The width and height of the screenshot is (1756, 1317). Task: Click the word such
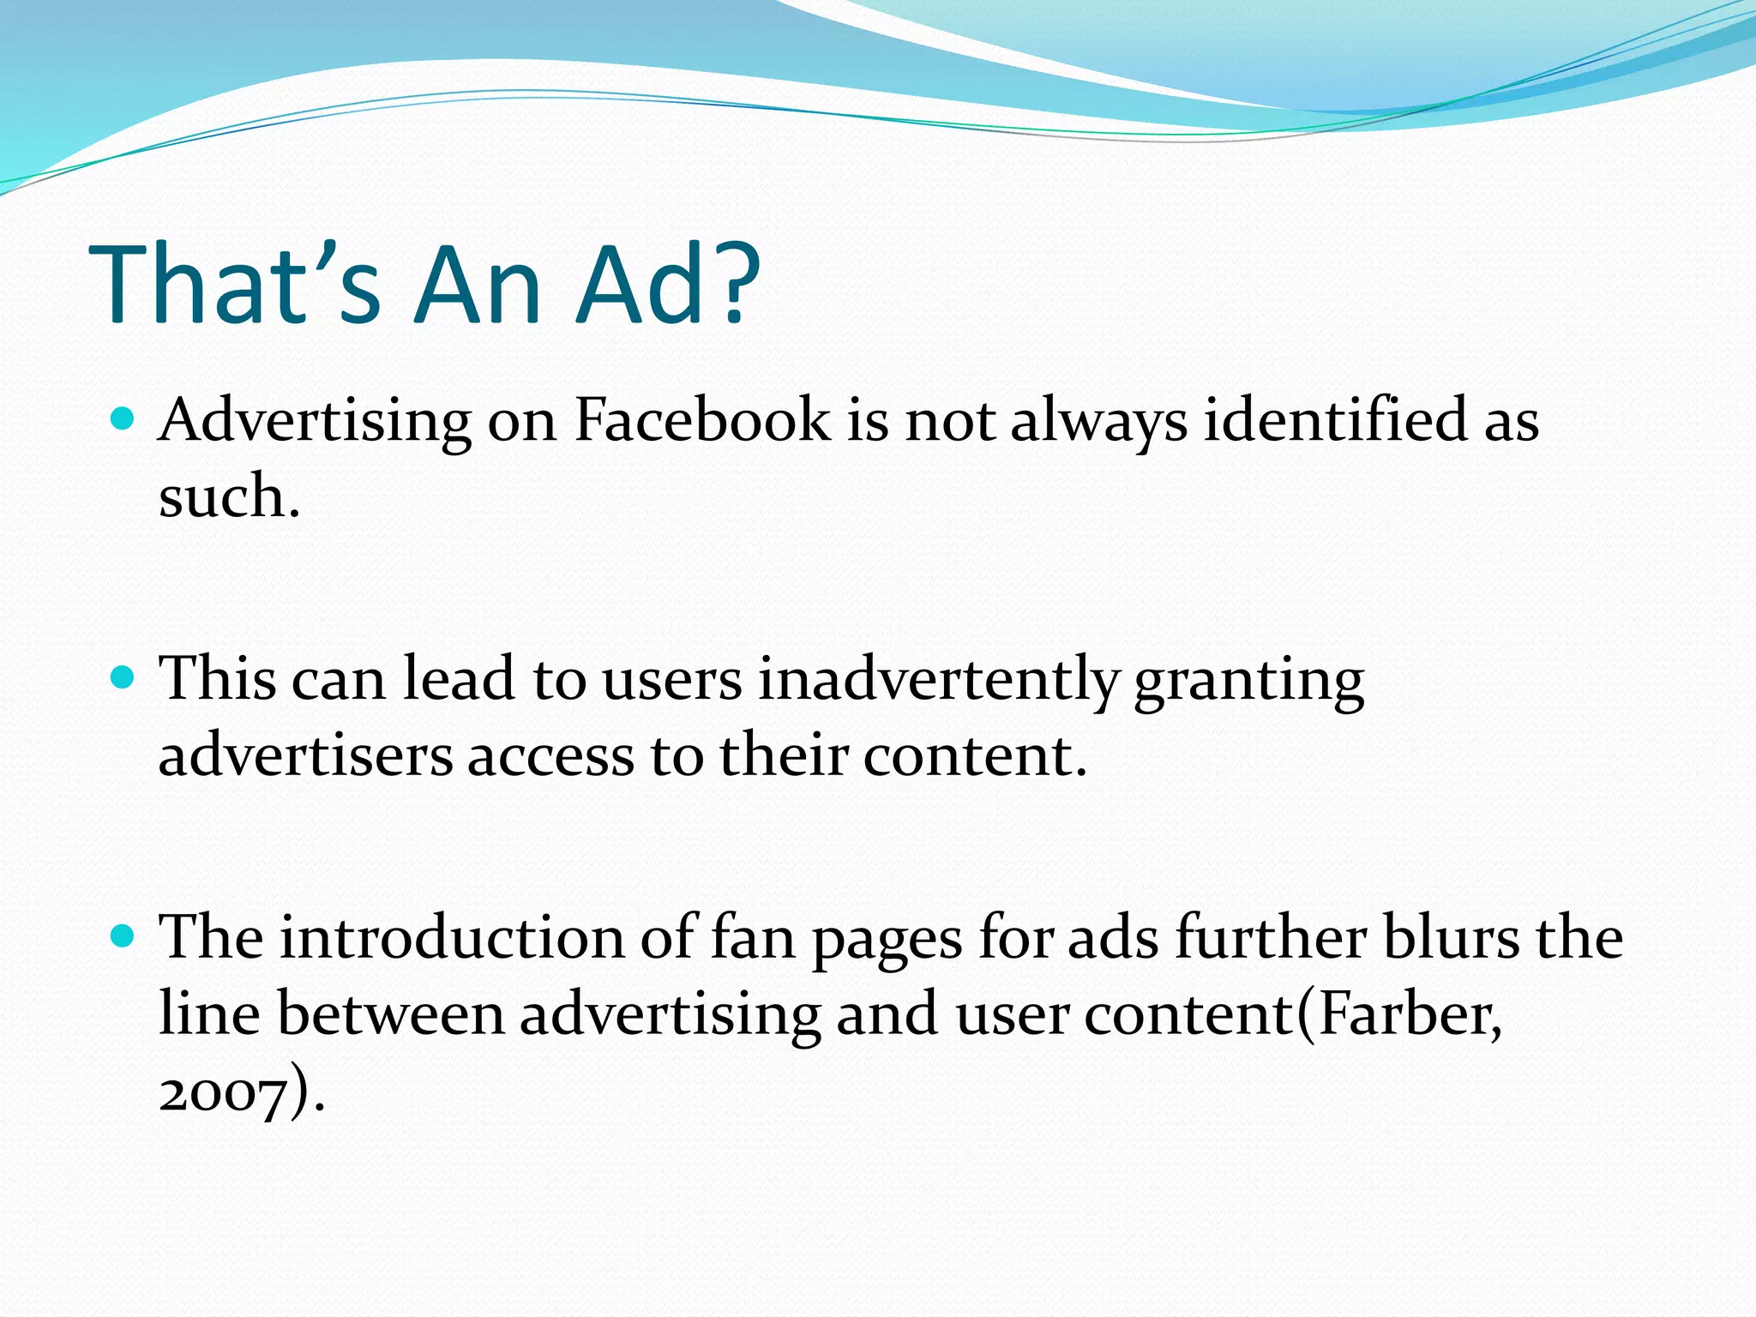click(x=228, y=496)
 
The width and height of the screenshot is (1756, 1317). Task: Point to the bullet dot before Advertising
click(x=123, y=419)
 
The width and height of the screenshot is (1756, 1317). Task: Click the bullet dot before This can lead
click(x=123, y=678)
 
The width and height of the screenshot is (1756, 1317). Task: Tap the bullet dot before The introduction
click(x=123, y=936)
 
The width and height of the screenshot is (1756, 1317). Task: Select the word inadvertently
click(x=938, y=680)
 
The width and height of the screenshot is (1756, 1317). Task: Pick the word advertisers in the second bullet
click(x=305, y=755)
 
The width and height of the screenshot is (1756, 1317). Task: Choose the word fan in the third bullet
click(x=753, y=937)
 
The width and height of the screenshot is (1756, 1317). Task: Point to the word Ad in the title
click(x=641, y=285)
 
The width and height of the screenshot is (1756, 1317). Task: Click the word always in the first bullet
click(x=1098, y=422)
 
